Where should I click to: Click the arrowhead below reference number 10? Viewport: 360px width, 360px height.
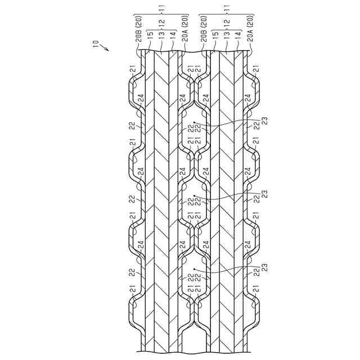click(106, 51)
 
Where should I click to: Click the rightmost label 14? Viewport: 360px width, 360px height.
click(238, 34)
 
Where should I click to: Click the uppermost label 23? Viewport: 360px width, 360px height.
click(264, 119)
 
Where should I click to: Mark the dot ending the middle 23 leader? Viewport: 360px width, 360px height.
click(193, 196)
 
